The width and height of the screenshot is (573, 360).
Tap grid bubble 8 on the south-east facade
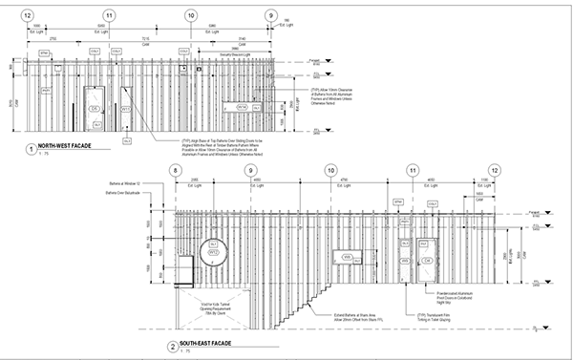pos(174,170)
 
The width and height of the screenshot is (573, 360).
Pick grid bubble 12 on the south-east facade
pos(494,170)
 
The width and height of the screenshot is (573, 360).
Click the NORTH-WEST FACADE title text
pos(65,146)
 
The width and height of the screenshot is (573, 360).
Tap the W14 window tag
pos(242,108)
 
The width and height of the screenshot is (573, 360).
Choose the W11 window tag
pos(125,109)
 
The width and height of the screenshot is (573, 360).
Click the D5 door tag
pos(95,110)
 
